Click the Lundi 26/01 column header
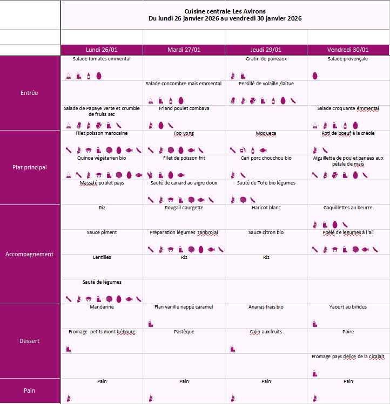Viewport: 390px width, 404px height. [102, 50]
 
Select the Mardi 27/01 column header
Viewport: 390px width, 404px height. [184, 50]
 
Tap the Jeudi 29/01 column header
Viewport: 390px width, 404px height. [266, 50]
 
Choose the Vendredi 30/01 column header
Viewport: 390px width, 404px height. [348, 50]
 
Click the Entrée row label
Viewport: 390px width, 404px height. [29, 93]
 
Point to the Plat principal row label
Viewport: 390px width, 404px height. [29, 167]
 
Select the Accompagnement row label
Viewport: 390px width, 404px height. [29, 254]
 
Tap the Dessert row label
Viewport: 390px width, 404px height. [29, 341]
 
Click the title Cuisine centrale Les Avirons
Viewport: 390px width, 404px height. [225, 11]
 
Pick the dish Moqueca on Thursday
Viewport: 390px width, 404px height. [266, 133]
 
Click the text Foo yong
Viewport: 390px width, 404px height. [184, 133]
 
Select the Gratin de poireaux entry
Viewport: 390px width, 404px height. [266, 59]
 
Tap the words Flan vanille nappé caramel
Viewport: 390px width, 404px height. [184, 307]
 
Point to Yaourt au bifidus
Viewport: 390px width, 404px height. [348, 307]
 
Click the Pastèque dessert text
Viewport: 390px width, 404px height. [184, 332]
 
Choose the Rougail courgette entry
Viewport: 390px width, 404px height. [184, 208]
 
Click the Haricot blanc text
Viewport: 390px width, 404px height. [266, 208]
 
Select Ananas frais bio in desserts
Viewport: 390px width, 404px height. [266, 307]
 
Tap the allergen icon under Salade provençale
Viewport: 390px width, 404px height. [315, 76]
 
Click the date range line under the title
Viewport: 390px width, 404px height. [225, 18]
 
